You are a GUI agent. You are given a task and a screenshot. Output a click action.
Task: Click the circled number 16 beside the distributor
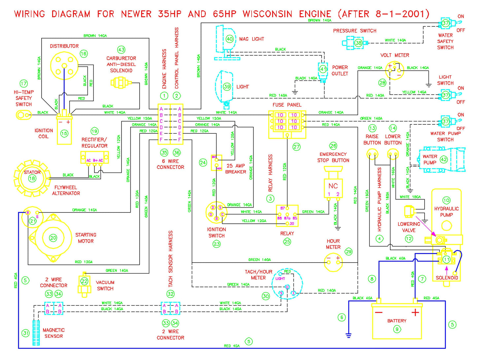click(x=84, y=53)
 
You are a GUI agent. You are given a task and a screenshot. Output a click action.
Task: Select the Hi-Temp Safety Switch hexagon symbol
click(x=20, y=115)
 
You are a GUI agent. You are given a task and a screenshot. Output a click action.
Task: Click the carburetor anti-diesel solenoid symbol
click(x=120, y=82)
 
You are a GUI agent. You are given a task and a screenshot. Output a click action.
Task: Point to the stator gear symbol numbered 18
click(x=32, y=179)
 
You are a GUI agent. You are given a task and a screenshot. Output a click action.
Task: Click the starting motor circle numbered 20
click(x=53, y=238)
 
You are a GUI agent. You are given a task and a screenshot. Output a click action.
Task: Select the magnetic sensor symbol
click(x=36, y=333)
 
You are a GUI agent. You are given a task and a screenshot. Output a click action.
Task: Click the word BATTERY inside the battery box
click(x=397, y=321)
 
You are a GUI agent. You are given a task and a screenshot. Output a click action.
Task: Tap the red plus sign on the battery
click(x=415, y=312)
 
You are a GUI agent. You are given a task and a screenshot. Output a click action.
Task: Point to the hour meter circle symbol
click(x=333, y=262)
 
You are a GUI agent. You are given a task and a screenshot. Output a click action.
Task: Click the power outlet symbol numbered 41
click(x=323, y=69)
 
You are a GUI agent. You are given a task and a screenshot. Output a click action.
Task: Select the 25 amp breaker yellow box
click(x=217, y=163)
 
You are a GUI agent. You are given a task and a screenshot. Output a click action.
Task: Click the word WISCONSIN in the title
click(x=267, y=14)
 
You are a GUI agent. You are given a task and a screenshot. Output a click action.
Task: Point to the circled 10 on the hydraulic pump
click(x=446, y=200)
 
